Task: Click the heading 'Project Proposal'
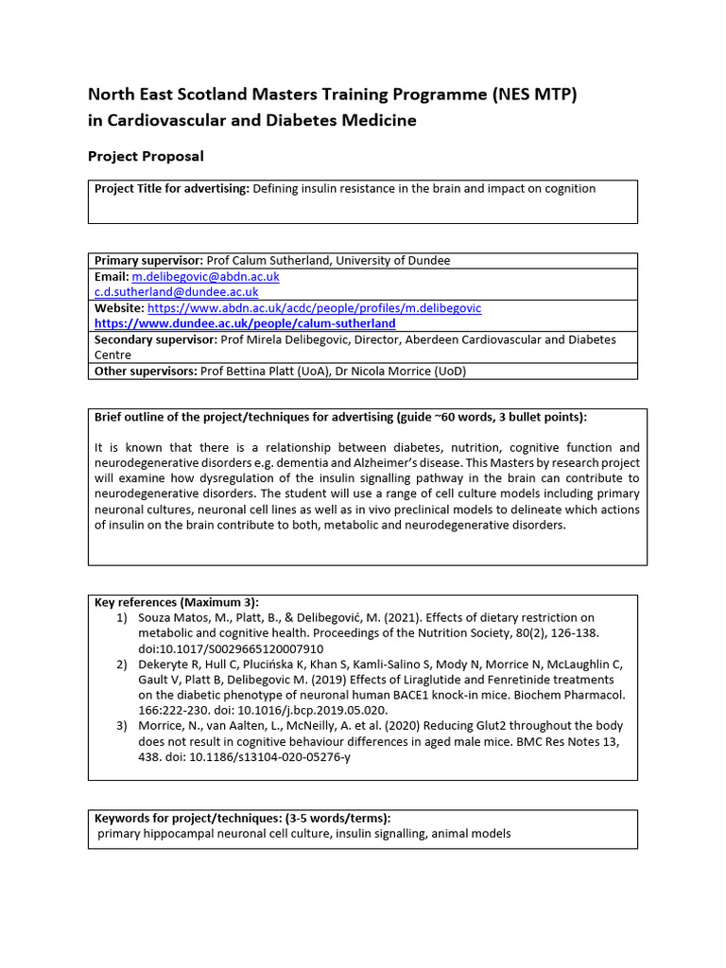click(x=146, y=156)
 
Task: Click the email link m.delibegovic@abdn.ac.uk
click(x=205, y=277)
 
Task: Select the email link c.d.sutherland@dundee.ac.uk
click(x=176, y=292)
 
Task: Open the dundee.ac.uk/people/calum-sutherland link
click(x=245, y=323)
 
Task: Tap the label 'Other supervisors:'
click(x=146, y=372)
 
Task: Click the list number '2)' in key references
click(x=121, y=665)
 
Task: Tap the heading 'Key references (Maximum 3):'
click(x=176, y=602)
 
